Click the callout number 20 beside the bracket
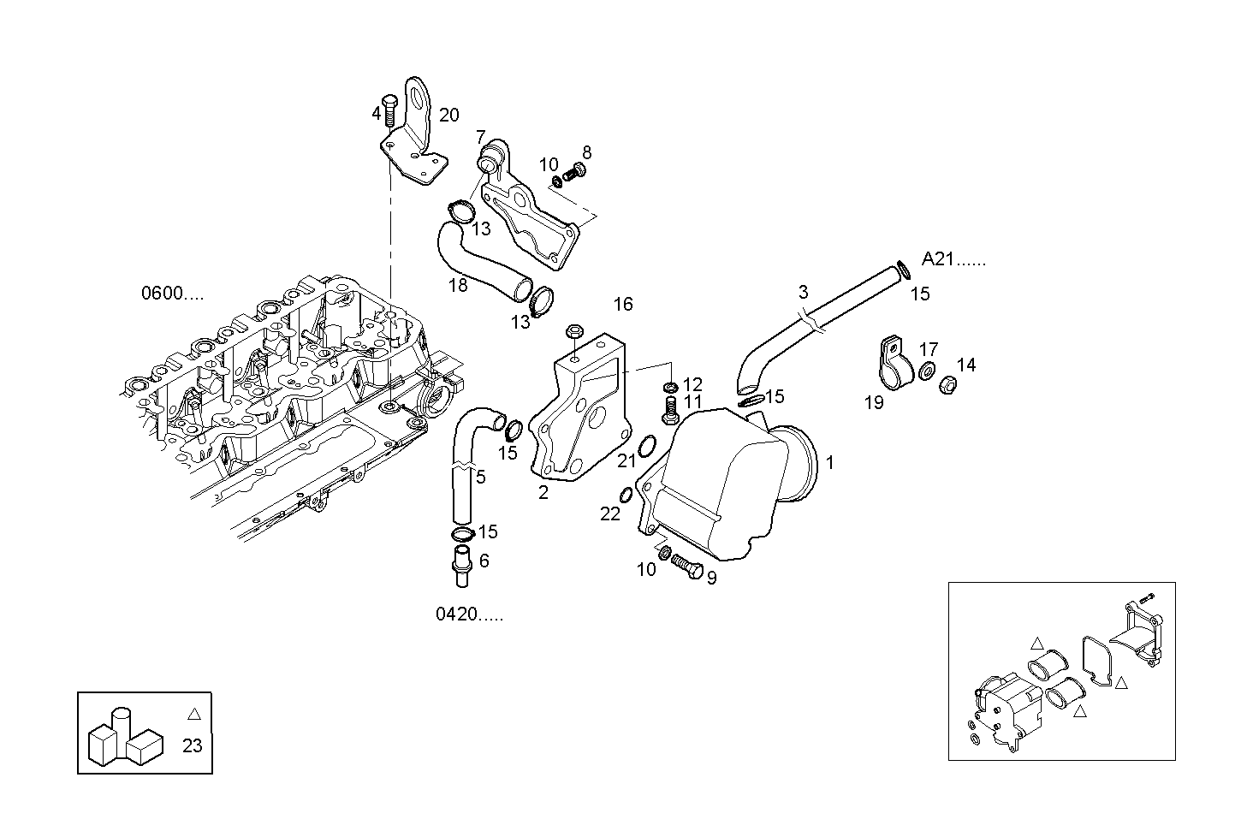[449, 116]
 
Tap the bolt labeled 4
[389, 108]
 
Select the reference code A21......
[953, 259]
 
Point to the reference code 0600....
[172, 294]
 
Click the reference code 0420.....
[469, 614]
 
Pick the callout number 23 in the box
[193, 745]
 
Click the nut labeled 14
[947, 385]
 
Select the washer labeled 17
[926, 371]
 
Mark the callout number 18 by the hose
[459, 285]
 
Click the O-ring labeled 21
[648, 445]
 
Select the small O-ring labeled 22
[626, 495]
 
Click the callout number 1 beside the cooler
[829, 463]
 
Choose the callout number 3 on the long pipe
[803, 292]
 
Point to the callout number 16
[623, 304]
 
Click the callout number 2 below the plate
[543, 492]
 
